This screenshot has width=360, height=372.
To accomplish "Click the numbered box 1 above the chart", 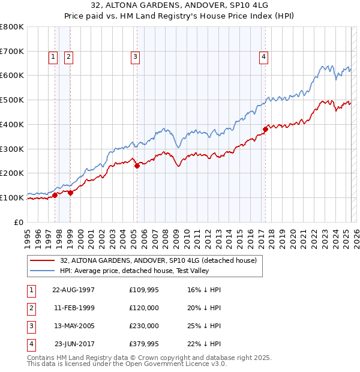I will tap(53, 57).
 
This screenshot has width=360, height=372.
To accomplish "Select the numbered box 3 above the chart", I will tap(136, 57).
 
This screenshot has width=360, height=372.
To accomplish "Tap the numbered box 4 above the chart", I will tap(263, 57).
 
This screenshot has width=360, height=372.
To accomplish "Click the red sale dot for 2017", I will tap(265, 128).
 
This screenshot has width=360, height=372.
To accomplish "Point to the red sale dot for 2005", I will tap(137, 166).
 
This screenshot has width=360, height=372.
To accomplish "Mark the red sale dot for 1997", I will tap(55, 195).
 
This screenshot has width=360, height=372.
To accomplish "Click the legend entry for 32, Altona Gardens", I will tap(158, 260).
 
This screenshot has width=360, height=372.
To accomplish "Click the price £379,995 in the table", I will tap(144, 344).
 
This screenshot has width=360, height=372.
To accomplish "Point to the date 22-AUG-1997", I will tap(73, 289).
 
